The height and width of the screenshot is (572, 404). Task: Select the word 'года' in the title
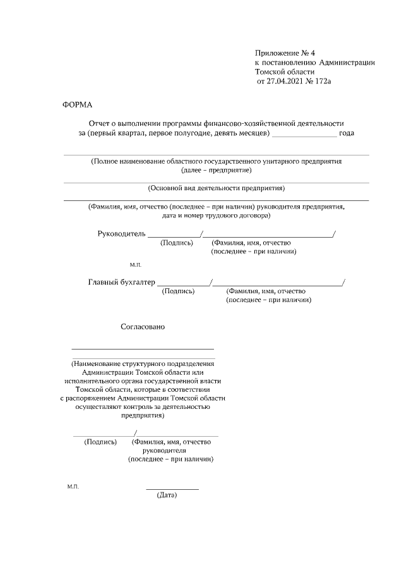tap(347, 133)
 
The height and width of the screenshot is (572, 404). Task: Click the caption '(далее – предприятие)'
tap(217, 171)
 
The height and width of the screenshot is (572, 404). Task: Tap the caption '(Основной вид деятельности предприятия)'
tap(217, 188)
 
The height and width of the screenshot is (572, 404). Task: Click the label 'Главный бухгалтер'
tap(121, 282)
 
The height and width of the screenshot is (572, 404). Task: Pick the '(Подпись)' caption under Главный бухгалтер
tap(178, 291)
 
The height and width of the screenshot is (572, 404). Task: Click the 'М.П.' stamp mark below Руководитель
tap(136, 264)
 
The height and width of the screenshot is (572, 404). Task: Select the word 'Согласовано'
tap(143, 327)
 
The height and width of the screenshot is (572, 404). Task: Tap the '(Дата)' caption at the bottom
tap(167, 495)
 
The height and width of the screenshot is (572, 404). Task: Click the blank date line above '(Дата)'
tap(172, 489)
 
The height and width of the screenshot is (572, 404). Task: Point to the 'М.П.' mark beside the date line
tap(73, 487)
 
